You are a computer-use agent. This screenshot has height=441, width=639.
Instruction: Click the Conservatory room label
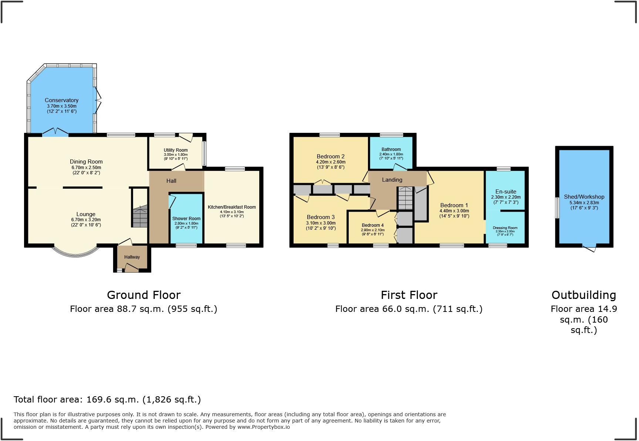[61, 100]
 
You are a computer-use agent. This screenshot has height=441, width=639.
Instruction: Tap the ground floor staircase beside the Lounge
[140, 216]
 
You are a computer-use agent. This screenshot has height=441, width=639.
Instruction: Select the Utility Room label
[176, 150]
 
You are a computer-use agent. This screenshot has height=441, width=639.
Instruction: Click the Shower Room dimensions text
[186, 223]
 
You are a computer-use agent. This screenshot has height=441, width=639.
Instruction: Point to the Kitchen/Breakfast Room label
[231, 207]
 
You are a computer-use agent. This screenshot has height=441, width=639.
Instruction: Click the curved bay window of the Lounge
[76, 253]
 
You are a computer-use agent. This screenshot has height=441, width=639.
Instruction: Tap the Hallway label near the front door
[132, 257]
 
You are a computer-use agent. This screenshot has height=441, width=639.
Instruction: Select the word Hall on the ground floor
[171, 181]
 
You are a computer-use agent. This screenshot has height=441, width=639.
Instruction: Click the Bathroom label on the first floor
[391, 149]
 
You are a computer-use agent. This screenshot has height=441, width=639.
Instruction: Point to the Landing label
[392, 180]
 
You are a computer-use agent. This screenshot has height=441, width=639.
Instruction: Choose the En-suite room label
[506, 192]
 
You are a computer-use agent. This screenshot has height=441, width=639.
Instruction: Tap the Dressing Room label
[505, 228]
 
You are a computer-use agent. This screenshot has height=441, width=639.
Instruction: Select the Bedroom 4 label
[373, 225]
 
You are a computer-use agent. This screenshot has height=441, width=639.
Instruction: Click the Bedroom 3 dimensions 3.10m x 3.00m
[321, 223]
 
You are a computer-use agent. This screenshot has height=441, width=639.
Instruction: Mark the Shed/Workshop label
[584, 197]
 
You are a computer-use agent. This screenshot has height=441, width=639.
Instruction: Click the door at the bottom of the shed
[589, 248]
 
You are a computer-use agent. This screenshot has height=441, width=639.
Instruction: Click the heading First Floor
[409, 295]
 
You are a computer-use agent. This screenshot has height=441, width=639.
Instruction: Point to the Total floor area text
[107, 400]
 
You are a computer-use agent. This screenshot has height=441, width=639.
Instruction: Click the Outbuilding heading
[584, 295]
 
